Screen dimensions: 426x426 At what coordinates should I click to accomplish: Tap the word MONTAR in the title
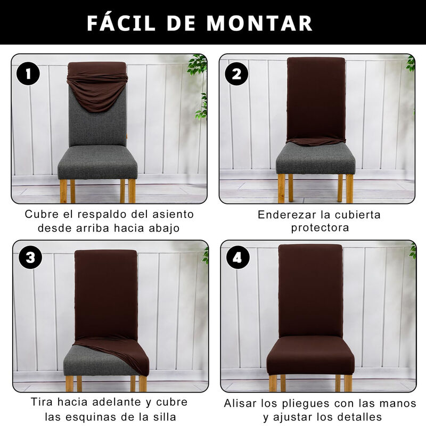[259, 23]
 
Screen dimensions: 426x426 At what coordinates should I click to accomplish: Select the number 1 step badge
[28, 73]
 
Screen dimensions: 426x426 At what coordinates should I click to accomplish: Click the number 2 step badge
[236, 73]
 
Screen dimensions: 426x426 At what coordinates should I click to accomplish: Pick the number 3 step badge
[30, 257]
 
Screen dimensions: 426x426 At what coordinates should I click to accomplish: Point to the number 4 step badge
[237, 257]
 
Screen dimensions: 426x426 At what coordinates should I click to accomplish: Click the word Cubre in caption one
[42, 214]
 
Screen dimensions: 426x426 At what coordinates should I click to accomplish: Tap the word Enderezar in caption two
[286, 215]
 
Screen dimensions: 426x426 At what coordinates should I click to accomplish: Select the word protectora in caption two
[320, 228]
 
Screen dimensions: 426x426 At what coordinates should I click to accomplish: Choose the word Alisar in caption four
[240, 403]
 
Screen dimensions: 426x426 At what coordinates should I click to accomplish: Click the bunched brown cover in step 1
[97, 86]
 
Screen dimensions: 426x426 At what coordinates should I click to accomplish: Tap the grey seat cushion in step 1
[97, 162]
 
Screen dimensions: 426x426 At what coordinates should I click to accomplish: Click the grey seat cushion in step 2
[316, 159]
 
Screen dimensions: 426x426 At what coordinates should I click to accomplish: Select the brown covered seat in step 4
[310, 355]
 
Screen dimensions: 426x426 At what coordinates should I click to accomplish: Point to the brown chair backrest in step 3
[106, 294]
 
